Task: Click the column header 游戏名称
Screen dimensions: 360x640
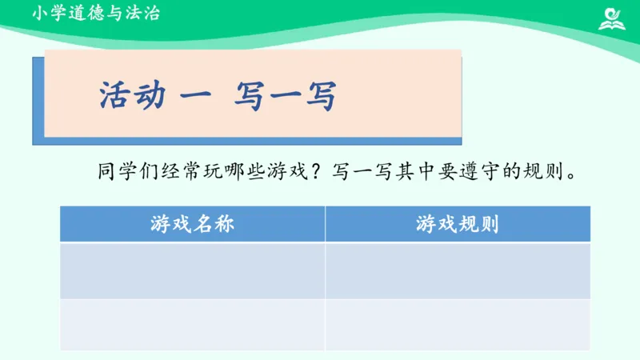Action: click(192, 224)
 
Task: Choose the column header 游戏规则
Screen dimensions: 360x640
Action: click(458, 224)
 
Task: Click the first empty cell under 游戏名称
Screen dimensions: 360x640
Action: click(192, 270)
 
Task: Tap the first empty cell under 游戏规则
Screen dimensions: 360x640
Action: click(458, 270)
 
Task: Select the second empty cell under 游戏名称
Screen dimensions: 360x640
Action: click(192, 324)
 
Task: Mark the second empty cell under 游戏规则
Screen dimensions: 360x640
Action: click(458, 324)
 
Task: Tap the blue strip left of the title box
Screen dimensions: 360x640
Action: click(38, 100)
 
